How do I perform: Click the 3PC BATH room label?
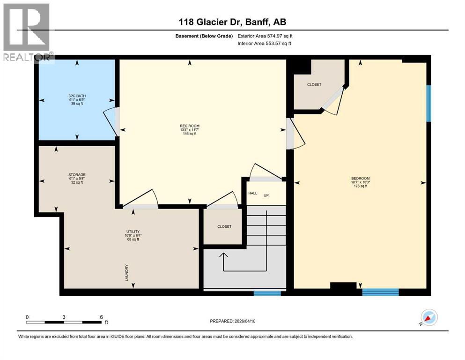click(x=77, y=96)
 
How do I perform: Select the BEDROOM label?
click(x=360, y=179)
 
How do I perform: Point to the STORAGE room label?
click(x=77, y=175)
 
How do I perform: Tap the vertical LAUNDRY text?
click(x=127, y=273)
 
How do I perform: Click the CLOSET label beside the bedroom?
click(x=314, y=84)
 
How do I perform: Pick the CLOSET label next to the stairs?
click(x=224, y=226)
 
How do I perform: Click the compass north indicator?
click(x=429, y=318)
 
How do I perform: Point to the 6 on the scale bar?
click(x=101, y=317)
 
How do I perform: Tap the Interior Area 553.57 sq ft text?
click(x=265, y=43)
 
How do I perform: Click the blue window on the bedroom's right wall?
click(x=428, y=103)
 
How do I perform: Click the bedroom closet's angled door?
click(x=334, y=99)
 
